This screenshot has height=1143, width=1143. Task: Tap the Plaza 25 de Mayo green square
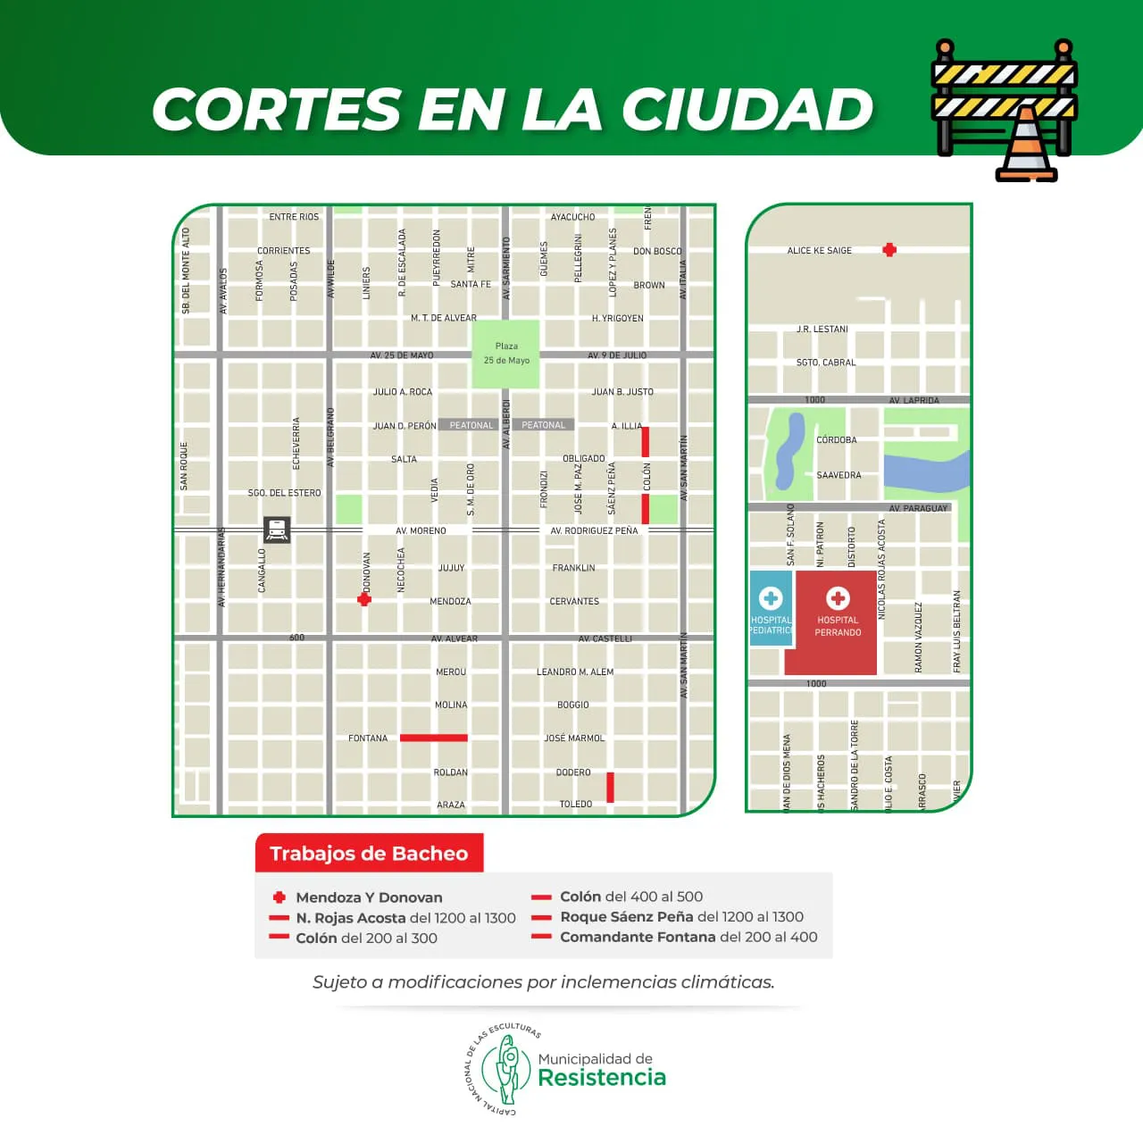click(x=505, y=354)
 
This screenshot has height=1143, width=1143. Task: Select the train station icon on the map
click(x=277, y=530)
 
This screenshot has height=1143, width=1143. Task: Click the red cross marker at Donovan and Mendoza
click(x=364, y=599)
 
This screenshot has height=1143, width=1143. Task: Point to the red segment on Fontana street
click(x=433, y=738)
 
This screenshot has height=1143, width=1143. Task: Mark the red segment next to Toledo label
click(x=611, y=788)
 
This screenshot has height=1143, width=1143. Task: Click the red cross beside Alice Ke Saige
click(x=889, y=250)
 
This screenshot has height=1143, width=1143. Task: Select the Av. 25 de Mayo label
click(x=402, y=355)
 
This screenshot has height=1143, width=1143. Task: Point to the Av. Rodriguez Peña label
click(x=594, y=530)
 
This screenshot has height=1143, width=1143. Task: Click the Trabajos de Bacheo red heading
click(x=369, y=854)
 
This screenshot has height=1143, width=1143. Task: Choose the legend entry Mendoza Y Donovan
click(x=369, y=897)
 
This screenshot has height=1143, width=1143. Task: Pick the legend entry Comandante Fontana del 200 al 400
click(x=688, y=937)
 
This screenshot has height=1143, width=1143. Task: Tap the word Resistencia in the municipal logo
click(x=602, y=1078)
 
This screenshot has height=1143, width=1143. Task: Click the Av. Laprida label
click(x=914, y=400)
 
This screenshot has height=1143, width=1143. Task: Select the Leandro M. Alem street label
click(x=574, y=672)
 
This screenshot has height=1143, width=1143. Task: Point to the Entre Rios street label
click(x=294, y=217)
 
